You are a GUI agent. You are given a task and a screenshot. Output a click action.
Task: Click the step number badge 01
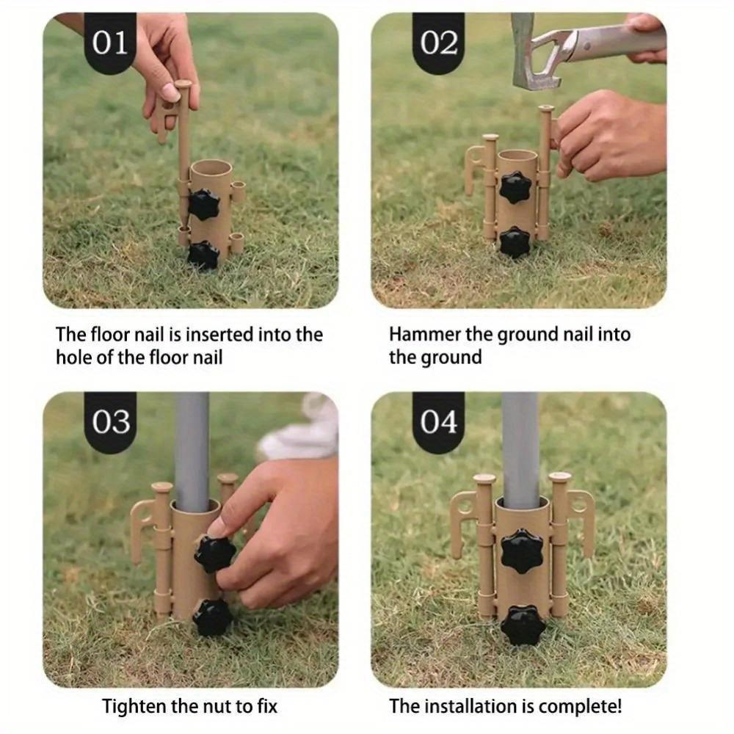tap(110, 43)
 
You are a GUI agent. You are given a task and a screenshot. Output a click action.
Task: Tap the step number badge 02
tap(439, 43)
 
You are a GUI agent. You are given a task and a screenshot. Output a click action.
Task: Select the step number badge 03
tap(111, 422)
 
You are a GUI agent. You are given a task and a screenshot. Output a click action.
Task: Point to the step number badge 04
tap(439, 422)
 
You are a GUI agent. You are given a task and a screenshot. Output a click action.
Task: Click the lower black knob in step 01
tap(203, 255)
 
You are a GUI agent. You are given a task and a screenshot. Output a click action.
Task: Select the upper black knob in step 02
tap(516, 188)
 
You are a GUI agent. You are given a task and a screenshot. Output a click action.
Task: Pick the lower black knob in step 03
tap(214, 617)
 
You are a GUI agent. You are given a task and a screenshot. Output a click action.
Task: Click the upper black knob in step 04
tap(523, 553)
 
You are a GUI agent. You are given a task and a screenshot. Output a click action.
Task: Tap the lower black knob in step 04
tap(523, 625)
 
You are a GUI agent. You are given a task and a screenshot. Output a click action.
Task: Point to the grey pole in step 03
tap(192, 448)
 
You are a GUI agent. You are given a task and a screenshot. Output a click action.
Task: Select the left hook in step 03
tap(140, 521)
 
